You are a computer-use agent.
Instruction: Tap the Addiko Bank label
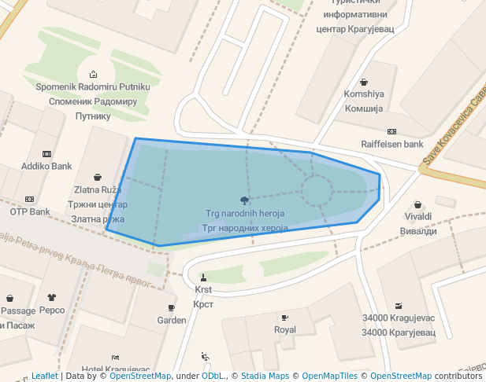click(x=46, y=167)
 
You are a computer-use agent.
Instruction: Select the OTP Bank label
click(x=30, y=211)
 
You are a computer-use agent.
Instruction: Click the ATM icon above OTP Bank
click(x=30, y=200)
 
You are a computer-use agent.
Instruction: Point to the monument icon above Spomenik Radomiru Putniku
click(x=94, y=74)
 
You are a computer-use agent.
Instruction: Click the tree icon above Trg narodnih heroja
click(x=245, y=201)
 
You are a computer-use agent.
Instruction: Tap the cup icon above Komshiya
click(x=364, y=82)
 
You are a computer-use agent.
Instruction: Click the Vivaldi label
click(x=418, y=216)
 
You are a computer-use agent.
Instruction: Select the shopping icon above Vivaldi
click(x=418, y=204)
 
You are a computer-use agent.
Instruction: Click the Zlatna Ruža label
click(x=98, y=190)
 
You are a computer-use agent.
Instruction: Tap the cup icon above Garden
click(x=172, y=308)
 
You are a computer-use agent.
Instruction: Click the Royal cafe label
click(x=284, y=330)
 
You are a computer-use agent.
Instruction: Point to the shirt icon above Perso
click(x=52, y=298)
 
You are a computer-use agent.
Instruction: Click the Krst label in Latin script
click(x=203, y=289)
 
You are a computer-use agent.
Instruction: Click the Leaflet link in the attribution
click(x=44, y=376)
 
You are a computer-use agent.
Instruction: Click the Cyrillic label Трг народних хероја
click(x=245, y=228)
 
